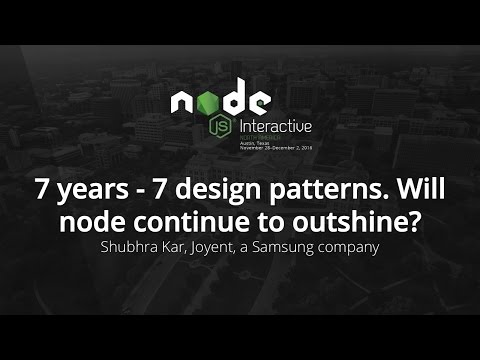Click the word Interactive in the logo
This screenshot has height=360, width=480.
point(275,127)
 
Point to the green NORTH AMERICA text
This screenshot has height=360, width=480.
point(258,138)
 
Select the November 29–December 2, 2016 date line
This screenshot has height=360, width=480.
point(275,148)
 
